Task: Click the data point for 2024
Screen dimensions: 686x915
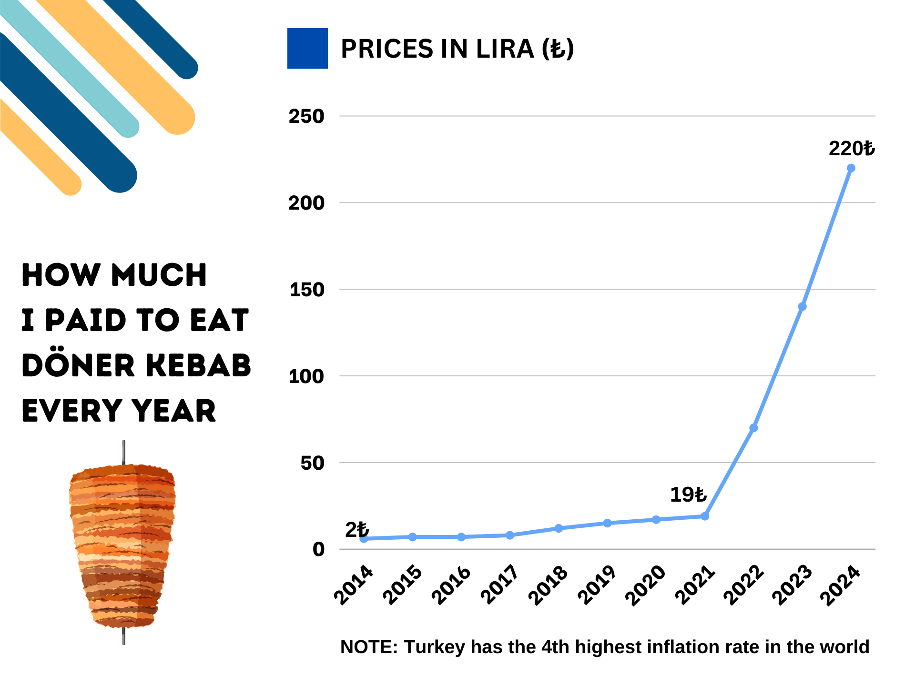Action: coord(851,168)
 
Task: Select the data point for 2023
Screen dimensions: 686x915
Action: coord(802,306)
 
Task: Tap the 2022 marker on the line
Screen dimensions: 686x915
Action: coord(753,428)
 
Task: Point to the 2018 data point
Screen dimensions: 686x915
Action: coord(559,528)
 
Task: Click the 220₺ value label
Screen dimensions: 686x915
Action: coord(852,149)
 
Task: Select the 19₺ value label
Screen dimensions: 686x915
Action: coord(688,494)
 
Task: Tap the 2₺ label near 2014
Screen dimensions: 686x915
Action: coord(357,530)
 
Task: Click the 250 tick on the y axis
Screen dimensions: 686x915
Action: coord(306,116)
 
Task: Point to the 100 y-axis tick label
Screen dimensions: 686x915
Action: coord(306,376)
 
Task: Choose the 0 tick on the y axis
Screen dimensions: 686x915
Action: coord(318,549)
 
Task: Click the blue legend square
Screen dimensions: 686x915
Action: coord(307,49)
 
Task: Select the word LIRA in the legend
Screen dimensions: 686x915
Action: coord(505,49)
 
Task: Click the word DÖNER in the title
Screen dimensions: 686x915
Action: coord(79,365)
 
